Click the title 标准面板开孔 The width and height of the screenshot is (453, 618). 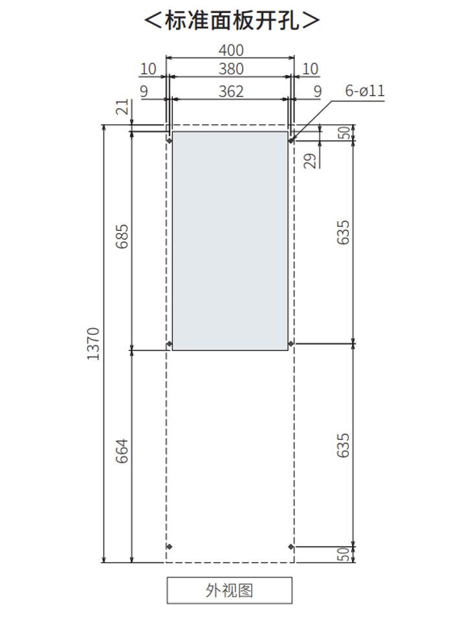232,20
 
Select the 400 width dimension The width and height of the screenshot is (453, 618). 231,50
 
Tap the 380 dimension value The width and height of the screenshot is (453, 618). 231,69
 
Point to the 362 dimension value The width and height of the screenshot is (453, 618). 231,91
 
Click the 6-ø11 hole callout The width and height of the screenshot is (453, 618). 364,91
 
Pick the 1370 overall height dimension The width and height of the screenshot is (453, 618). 94,344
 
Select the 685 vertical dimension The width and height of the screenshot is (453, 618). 122,237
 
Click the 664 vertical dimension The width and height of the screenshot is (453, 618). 122,451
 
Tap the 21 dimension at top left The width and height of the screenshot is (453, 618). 122,107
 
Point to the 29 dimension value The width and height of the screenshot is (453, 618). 310,161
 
